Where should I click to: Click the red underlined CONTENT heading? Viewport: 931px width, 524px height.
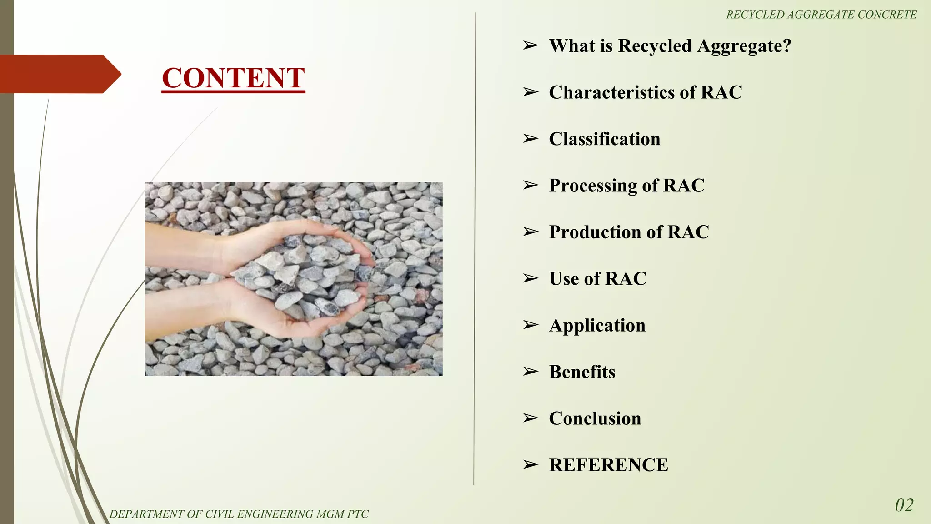(233, 78)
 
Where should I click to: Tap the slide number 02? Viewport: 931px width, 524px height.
(904, 505)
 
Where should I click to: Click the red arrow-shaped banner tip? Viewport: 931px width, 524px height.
(111, 74)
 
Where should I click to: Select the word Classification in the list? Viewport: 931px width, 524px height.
(604, 139)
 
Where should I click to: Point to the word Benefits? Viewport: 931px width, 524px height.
(582, 372)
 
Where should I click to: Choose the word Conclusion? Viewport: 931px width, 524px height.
(595, 418)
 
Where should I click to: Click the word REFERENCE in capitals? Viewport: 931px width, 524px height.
(608, 465)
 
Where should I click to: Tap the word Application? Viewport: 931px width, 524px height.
(597, 326)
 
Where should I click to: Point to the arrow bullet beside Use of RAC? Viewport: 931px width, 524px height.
(530, 278)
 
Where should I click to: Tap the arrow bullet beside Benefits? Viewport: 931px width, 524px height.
(530, 372)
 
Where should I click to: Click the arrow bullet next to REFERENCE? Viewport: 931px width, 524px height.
(530, 465)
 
